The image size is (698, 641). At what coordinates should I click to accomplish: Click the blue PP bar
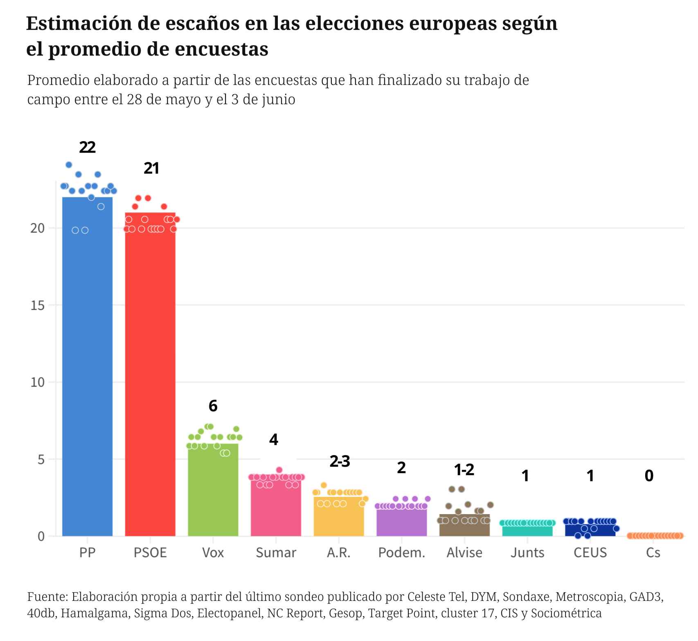[87, 368]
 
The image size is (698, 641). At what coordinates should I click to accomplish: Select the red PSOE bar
[150, 377]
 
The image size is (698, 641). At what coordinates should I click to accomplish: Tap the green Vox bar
[213, 491]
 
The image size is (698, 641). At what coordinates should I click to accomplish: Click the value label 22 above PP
[87, 147]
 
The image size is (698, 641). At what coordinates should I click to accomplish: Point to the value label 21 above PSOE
[151, 168]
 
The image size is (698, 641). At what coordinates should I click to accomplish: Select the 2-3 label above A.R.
[340, 462]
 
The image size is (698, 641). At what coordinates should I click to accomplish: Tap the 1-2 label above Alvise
[464, 470]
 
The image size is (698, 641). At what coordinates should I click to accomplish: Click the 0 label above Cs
[649, 476]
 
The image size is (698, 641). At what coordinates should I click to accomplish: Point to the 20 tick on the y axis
[37, 228]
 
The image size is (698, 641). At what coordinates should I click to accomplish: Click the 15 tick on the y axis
[37, 305]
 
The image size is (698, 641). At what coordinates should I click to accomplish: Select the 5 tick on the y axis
[41, 459]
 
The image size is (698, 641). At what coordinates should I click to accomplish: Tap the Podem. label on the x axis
[402, 553]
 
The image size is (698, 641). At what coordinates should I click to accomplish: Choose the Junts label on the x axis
[527, 553]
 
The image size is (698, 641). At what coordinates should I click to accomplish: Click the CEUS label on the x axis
[590, 553]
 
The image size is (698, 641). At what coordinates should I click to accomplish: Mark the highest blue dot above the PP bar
[69, 165]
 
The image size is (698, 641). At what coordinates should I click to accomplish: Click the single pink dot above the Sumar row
[279, 470]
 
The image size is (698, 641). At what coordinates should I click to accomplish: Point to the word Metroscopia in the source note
[590, 596]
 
